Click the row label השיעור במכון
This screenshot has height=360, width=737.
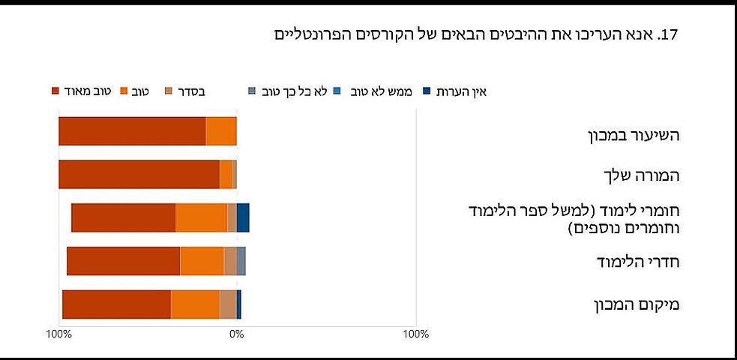click(634, 136)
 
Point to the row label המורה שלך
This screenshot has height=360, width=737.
click(641, 176)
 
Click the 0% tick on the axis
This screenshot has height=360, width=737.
click(237, 334)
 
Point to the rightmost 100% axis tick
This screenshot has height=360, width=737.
click(416, 334)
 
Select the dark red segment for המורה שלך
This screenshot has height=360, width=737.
click(139, 175)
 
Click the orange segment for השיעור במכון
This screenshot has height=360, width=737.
click(221, 131)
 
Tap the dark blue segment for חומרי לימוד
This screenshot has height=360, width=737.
click(243, 217)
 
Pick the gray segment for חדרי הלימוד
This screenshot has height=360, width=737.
click(241, 261)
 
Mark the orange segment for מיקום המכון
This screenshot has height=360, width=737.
click(195, 304)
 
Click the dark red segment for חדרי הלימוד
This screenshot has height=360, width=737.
click(124, 261)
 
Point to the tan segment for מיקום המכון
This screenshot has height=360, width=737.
click(228, 304)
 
